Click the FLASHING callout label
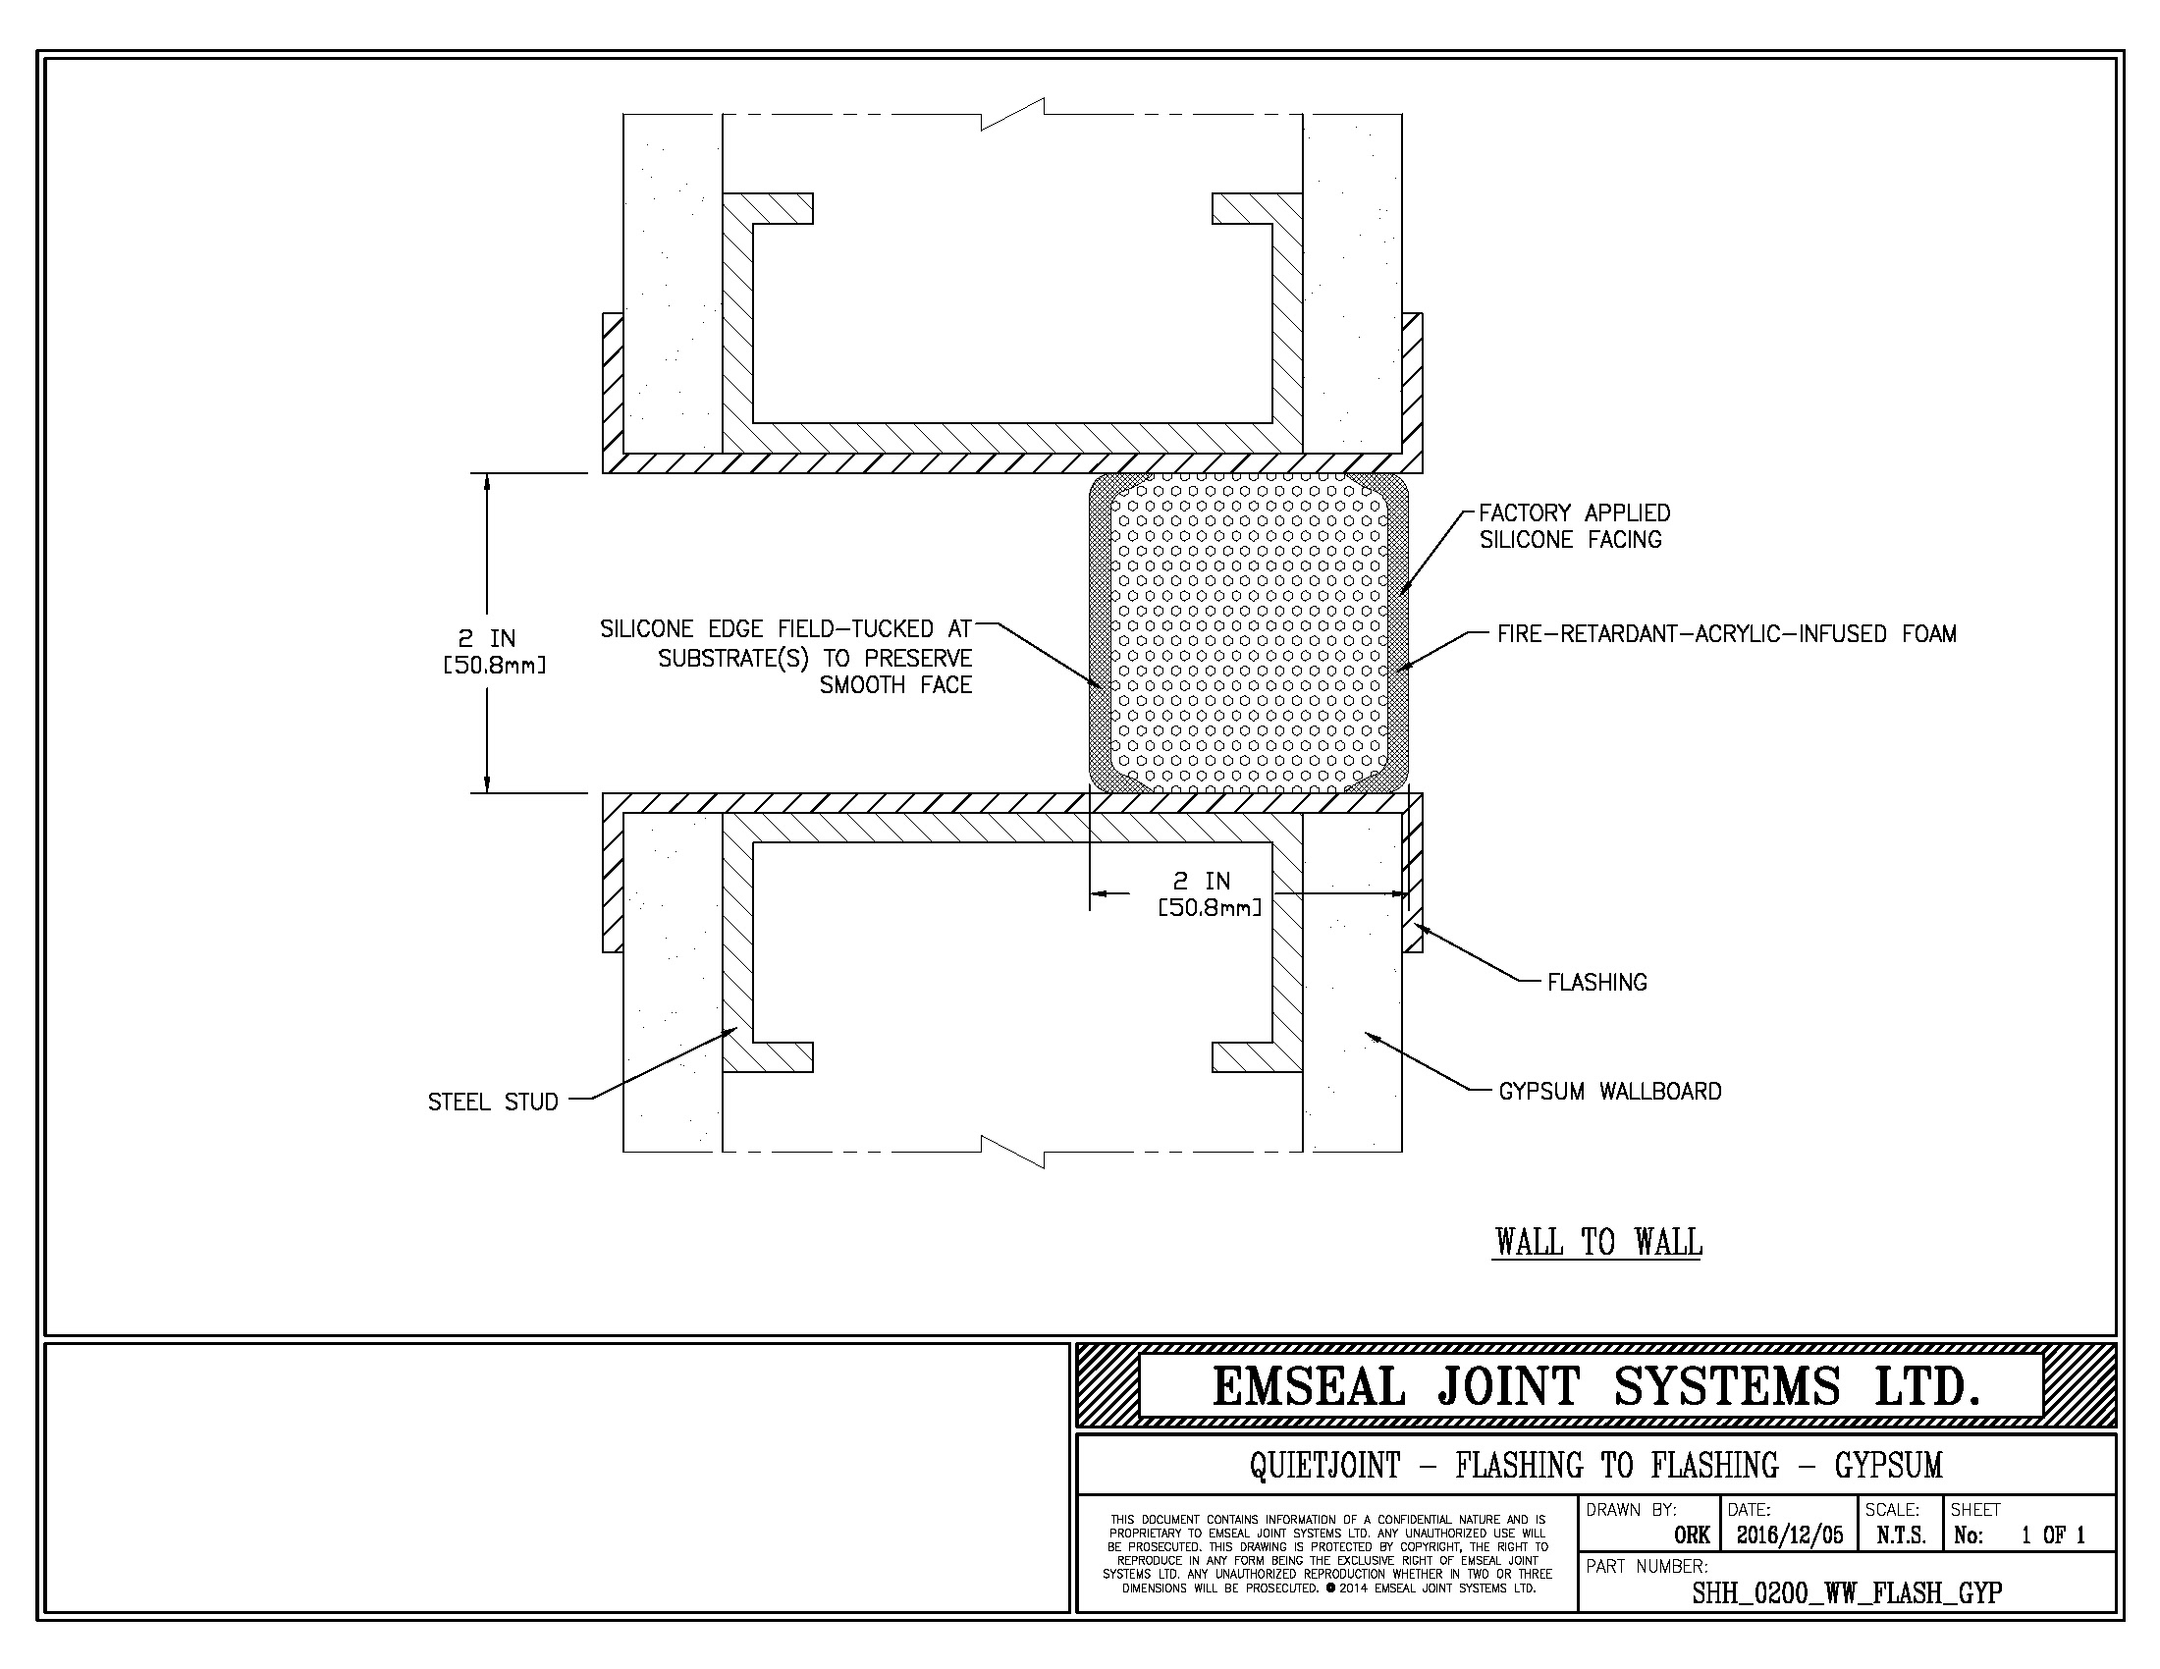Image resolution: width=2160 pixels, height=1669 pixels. [1596, 982]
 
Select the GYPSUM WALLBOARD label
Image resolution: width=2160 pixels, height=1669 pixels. [1610, 1091]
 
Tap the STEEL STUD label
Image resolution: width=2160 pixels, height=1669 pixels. [493, 1102]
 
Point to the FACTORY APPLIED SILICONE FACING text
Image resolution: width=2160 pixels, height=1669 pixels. [1575, 526]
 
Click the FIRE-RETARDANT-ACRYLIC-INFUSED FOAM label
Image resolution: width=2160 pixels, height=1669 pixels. [1727, 634]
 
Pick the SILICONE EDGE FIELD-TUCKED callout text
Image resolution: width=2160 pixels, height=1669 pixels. [786, 657]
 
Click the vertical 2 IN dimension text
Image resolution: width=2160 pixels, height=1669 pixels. [494, 651]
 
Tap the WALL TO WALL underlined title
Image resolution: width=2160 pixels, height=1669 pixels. [1598, 1242]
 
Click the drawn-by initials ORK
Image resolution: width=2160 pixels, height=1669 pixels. [1693, 1535]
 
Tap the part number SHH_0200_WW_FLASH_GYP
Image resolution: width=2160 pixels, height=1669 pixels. [1848, 1592]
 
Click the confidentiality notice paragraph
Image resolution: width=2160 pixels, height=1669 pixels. [1327, 1554]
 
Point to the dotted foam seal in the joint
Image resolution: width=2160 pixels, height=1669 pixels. [1248, 633]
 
